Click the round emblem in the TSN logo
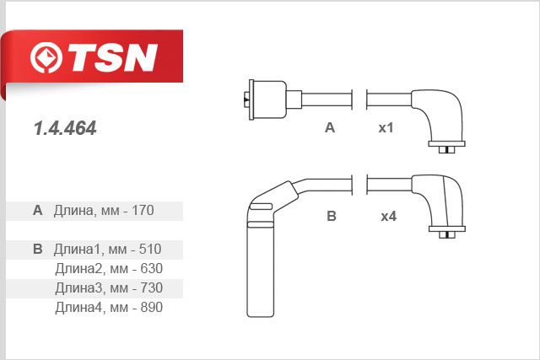click(x=46, y=57)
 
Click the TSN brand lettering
click(x=113, y=57)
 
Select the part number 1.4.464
click(x=65, y=128)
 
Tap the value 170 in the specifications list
click(x=143, y=210)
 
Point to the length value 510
click(x=150, y=250)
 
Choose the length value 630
click(x=152, y=269)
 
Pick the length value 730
click(x=152, y=288)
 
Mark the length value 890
click(x=152, y=308)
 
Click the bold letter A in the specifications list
click(x=37, y=210)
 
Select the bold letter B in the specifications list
click(x=37, y=250)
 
